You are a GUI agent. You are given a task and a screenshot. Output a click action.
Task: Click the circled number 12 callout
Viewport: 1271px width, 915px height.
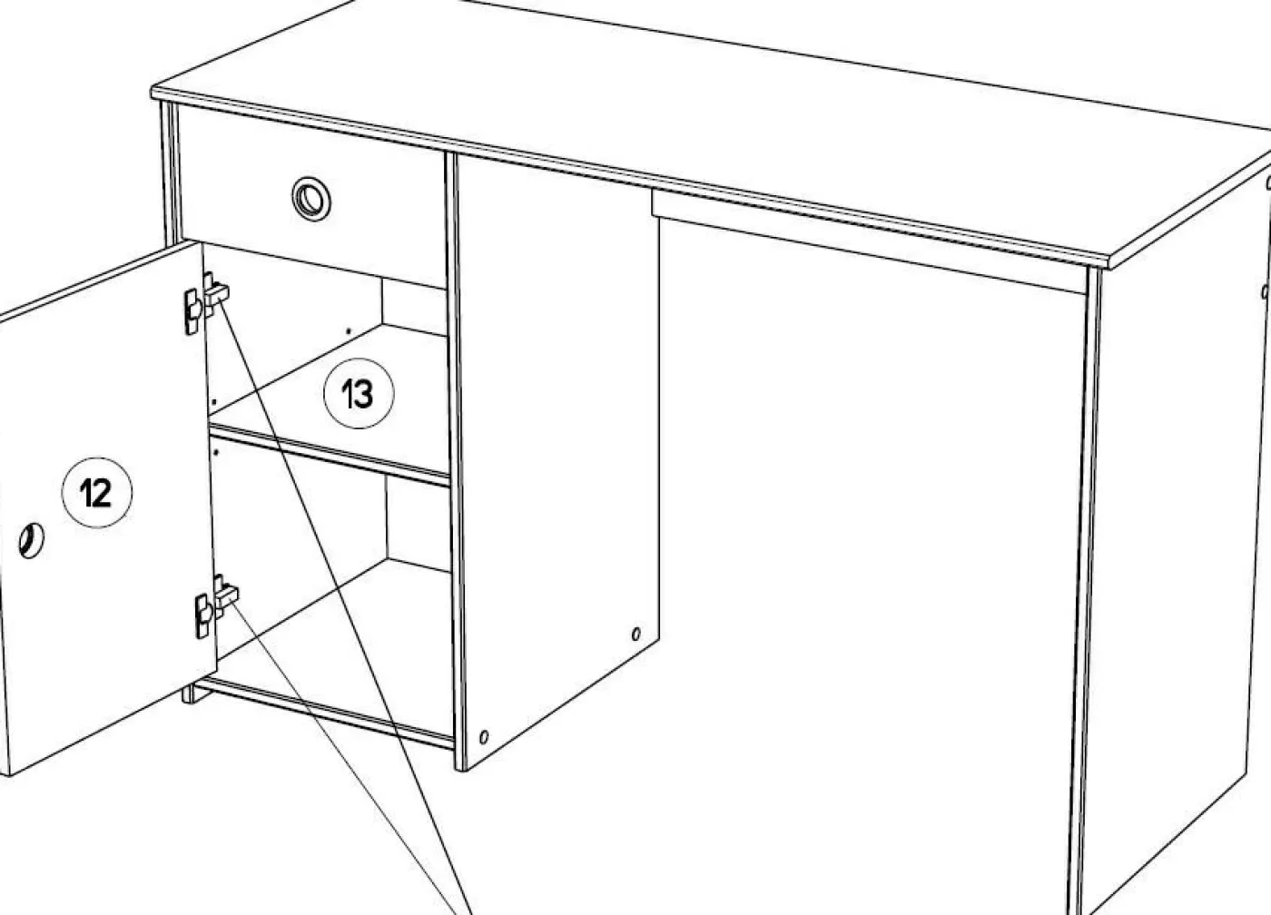pos(97,492)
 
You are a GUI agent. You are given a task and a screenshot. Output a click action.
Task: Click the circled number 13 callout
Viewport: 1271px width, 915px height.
pos(359,393)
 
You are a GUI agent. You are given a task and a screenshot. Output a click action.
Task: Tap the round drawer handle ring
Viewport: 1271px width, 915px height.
pos(310,199)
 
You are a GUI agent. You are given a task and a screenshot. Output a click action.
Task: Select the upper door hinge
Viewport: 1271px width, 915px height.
pos(205,302)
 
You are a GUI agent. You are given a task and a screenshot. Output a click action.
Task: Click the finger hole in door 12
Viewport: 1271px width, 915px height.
pos(31,540)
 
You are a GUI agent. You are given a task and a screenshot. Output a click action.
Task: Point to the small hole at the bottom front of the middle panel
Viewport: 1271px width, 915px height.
pos(483,737)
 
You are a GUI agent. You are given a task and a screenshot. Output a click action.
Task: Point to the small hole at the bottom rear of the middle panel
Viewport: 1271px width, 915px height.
pos(636,634)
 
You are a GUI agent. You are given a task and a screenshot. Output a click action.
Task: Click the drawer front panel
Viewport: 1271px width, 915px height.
pos(312,196)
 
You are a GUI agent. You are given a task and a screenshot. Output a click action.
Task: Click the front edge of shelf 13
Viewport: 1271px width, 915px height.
pos(329,454)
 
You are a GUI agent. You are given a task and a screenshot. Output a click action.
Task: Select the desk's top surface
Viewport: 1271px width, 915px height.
pos(709,113)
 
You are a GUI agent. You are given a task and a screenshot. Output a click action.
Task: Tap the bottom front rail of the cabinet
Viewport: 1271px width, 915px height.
pos(323,711)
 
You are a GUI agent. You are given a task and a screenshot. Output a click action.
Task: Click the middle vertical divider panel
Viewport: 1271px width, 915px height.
pos(556,454)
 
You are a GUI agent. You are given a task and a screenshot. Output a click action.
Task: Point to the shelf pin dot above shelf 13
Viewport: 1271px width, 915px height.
pos(349,330)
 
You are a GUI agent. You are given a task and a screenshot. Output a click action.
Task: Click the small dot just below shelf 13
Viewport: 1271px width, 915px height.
pos(216,452)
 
